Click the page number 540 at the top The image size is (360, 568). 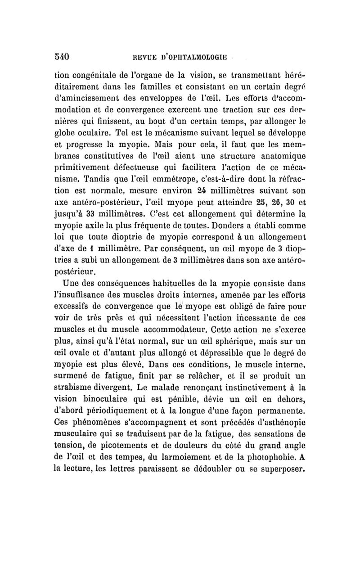(x=60, y=57)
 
